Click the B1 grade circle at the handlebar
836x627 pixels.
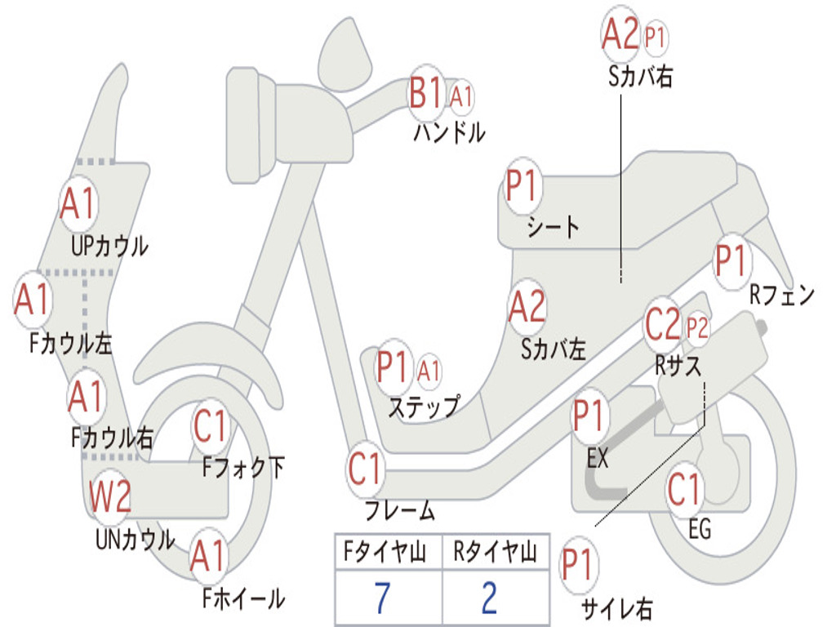pyautogui.click(x=426, y=93)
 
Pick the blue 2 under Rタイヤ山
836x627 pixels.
pyautogui.click(x=490, y=598)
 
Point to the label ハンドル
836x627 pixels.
pyautogui.click(x=449, y=132)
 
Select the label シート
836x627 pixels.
pyautogui.click(x=554, y=226)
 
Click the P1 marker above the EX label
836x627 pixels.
pyautogui.click(x=591, y=416)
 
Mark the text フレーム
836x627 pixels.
pyautogui.click(x=400, y=512)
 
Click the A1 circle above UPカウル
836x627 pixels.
pyautogui.click(x=78, y=204)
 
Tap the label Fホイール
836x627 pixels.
pyautogui.click(x=243, y=598)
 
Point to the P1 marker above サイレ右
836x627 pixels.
pyautogui.click(x=578, y=564)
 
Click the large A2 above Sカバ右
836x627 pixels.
pyautogui.click(x=620, y=34)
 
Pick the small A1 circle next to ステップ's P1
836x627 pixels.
pyautogui.click(x=429, y=371)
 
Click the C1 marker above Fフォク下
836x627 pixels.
pyautogui.click(x=211, y=425)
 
